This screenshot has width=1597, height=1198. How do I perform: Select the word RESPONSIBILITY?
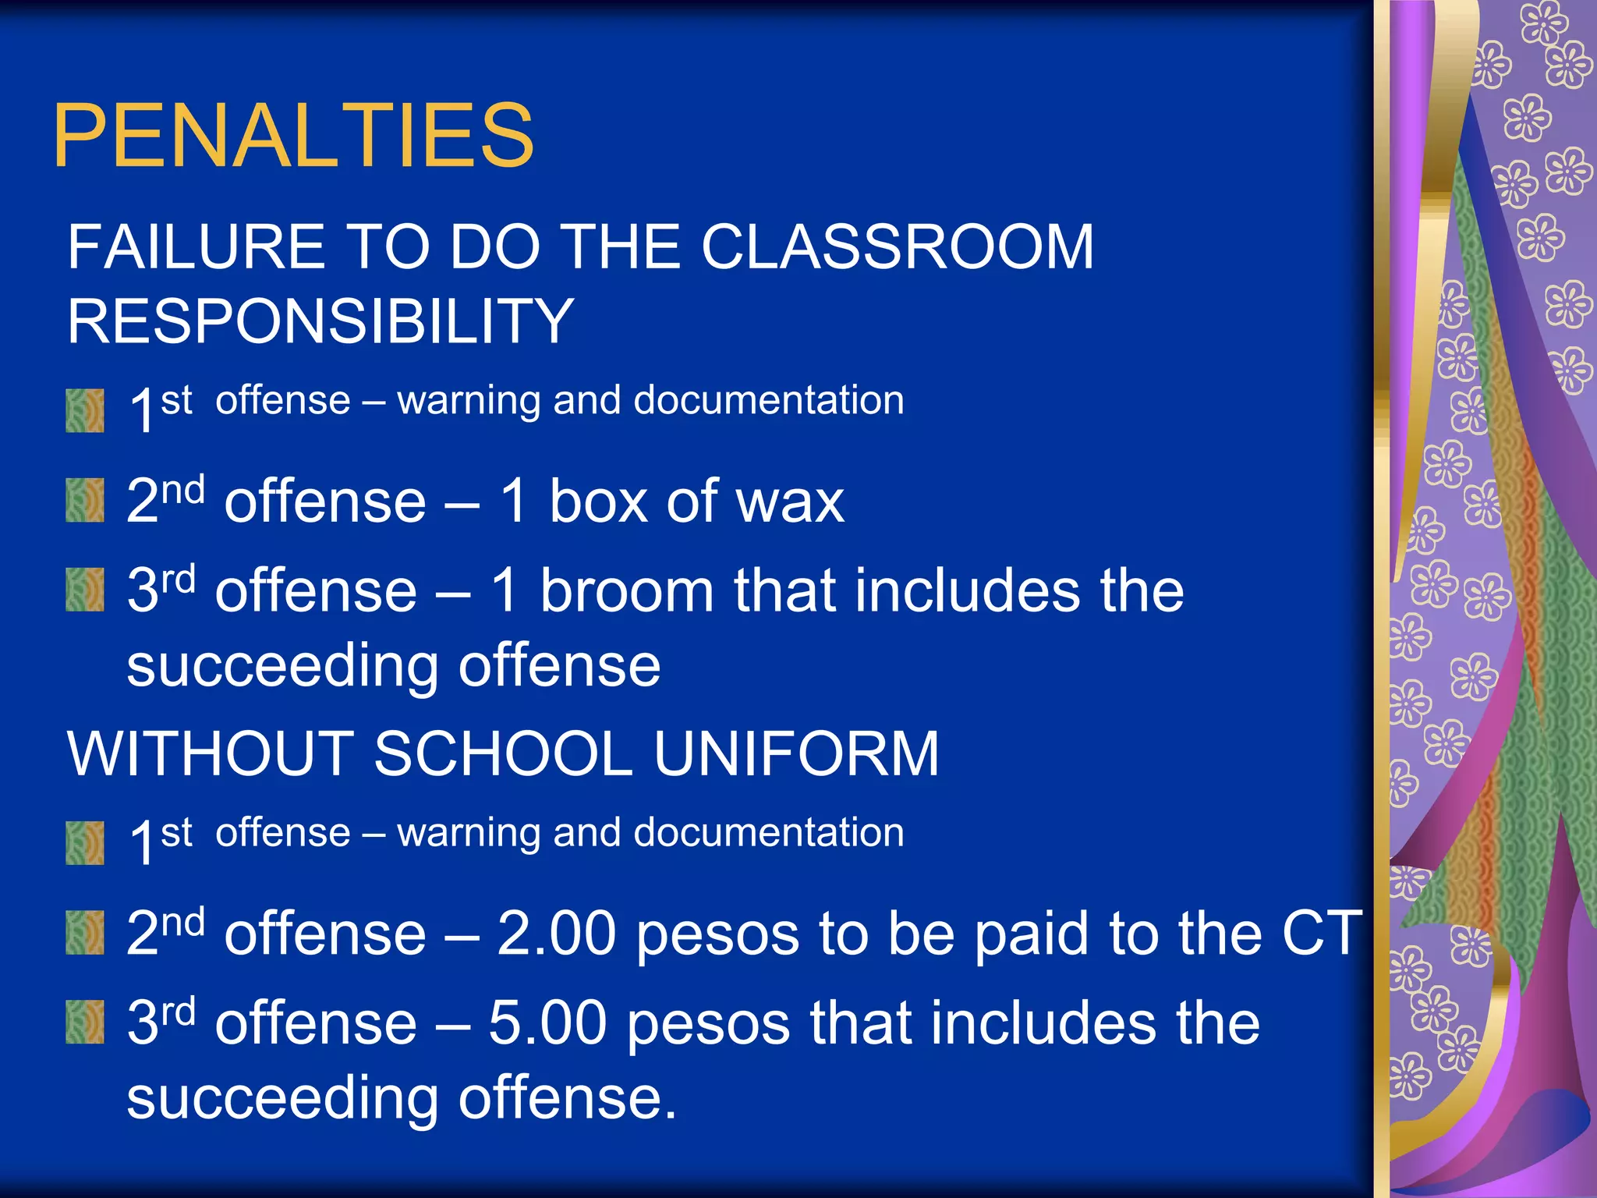pos(320,321)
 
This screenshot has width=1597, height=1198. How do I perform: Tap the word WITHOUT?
pos(211,753)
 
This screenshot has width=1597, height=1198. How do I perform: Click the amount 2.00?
pos(556,933)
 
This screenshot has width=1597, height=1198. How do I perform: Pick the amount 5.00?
pos(547,1023)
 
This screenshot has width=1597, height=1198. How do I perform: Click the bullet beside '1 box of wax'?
pos(85,500)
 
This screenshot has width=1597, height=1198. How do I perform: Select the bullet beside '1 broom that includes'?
pos(85,590)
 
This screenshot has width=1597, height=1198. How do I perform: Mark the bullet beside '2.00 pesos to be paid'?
pos(85,933)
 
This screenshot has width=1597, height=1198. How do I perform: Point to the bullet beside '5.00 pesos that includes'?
pos(85,1023)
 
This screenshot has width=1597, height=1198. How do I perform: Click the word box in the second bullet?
pos(597,502)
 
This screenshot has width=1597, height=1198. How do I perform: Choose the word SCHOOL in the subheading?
pos(503,753)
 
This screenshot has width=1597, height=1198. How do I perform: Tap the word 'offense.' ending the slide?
pos(567,1097)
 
